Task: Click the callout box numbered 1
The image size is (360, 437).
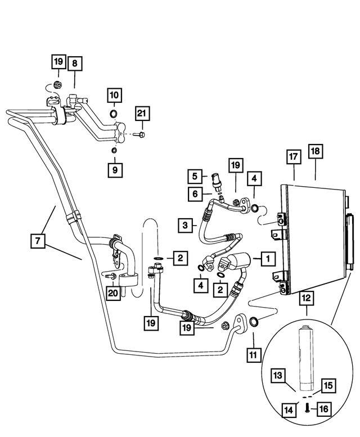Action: point(267,259)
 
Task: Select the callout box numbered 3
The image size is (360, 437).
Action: point(184,226)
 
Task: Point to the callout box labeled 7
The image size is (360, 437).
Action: point(37,241)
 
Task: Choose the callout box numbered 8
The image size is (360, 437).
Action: point(74,64)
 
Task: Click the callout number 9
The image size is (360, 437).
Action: point(114,169)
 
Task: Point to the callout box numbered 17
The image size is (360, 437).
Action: point(293,157)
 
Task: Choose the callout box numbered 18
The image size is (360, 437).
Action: point(315,152)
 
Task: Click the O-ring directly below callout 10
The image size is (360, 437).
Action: point(114,115)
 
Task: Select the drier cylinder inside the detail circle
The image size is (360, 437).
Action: point(307,357)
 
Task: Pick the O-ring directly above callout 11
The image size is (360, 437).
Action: point(254,321)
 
